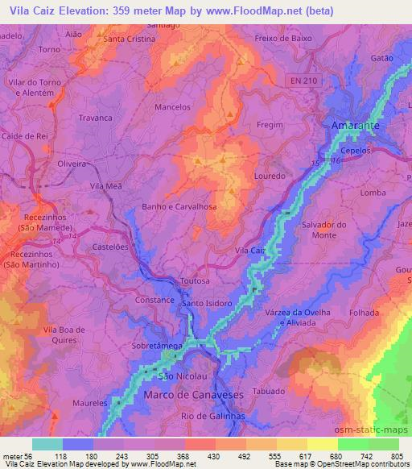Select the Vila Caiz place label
249,251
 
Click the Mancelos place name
172,106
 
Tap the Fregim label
270,125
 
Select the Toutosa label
195,281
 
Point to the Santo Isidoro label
207,303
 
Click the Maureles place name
90,402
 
